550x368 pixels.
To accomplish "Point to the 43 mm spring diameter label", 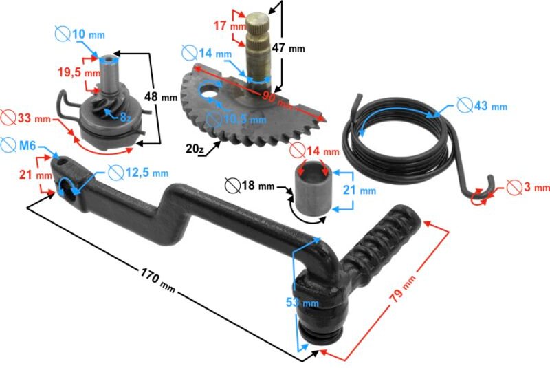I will tap(489, 106).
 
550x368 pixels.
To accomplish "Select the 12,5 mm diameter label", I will tap(146, 173).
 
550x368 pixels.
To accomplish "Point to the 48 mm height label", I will tap(164, 97).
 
